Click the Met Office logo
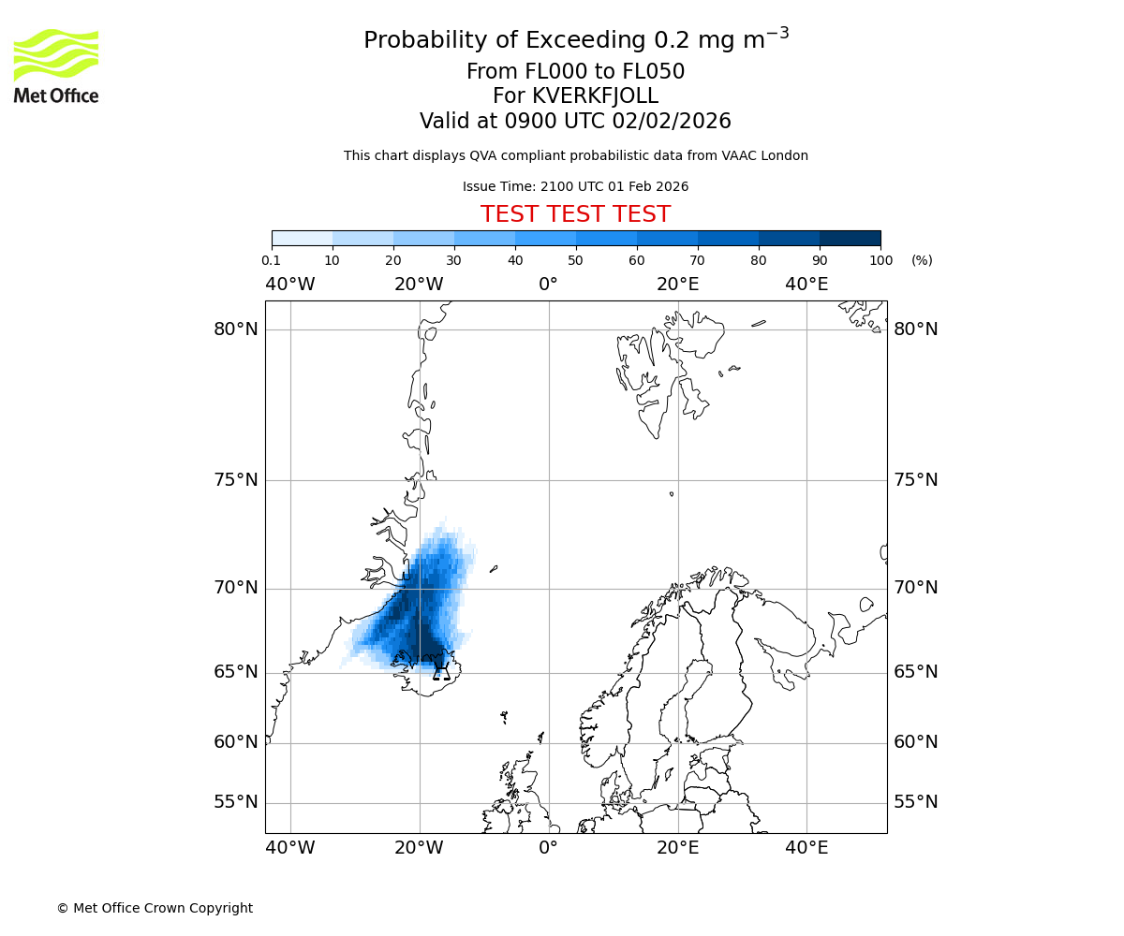pyautogui.click(x=56, y=66)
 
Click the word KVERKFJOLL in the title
pyautogui.click(x=595, y=96)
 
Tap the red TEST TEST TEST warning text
pyautogui.click(x=575, y=214)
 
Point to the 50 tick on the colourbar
pyautogui.click(x=576, y=260)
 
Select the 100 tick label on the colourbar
pyautogui.click(x=880, y=260)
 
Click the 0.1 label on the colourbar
pyautogui.click(x=272, y=260)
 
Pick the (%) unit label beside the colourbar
pyautogui.click(x=922, y=260)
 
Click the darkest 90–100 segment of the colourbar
pyautogui.click(x=850, y=238)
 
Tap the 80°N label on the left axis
pyautogui.click(x=235, y=329)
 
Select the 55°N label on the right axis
pyautogui.click(x=915, y=802)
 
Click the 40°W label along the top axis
pyautogui.click(x=290, y=285)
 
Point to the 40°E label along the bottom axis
pyautogui.click(x=806, y=848)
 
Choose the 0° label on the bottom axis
pyautogui.click(x=549, y=848)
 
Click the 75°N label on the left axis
pyautogui.click(x=235, y=480)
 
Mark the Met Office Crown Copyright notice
pyautogui.click(x=155, y=908)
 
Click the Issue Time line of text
pyautogui.click(x=575, y=186)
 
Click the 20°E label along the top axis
pyautogui.click(x=677, y=285)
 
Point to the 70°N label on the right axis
pyautogui.click(x=915, y=588)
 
